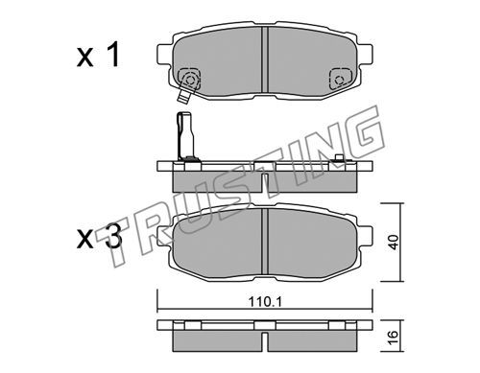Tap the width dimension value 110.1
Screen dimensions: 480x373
tap(266, 302)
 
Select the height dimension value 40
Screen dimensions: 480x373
tap(394, 243)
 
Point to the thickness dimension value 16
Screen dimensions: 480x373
tap(394, 337)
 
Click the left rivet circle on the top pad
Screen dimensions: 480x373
tap(189, 80)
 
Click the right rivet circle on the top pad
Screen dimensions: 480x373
tap(339, 80)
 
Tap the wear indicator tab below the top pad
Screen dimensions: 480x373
tap(184, 96)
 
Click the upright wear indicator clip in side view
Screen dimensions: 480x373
tap(185, 135)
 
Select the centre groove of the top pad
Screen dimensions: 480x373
tap(264, 59)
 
